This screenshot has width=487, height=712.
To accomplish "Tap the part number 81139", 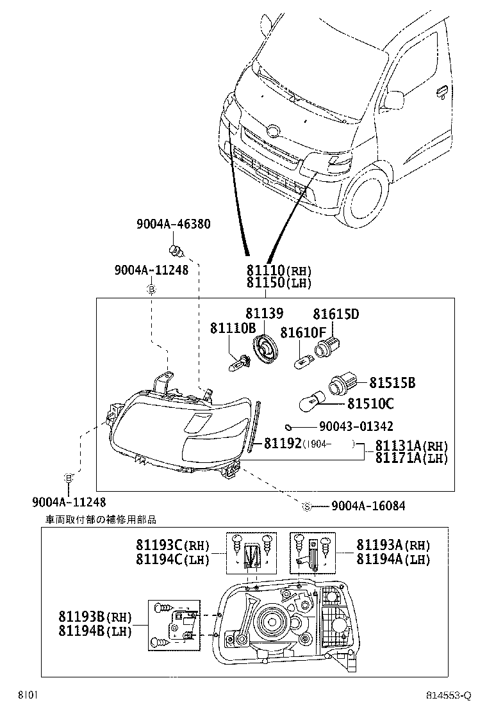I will [264, 313].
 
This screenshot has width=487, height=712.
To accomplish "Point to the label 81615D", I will [335, 314].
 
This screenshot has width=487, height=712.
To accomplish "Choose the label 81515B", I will [392, 383].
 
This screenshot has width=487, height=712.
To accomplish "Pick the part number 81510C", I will [370, 403].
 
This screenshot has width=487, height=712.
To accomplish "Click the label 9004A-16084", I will [368, 506].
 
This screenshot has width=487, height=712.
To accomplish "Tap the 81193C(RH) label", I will [172, 546].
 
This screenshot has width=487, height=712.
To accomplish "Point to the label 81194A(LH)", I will [393, 559].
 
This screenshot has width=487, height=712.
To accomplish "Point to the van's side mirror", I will [395, 99].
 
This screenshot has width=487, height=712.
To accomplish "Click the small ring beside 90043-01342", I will [288, 426].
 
